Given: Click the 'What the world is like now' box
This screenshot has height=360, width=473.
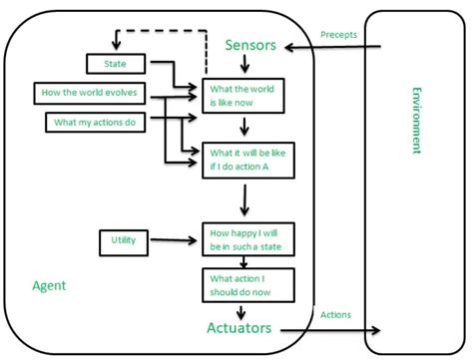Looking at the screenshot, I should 242,95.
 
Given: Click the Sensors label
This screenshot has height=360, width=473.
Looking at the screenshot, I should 250,45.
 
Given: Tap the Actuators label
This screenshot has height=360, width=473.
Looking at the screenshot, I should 241,327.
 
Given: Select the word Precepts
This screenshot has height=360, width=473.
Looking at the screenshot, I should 338,35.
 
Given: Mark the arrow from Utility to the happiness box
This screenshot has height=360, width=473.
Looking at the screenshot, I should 175,240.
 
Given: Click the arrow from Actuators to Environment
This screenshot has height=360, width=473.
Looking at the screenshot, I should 329,328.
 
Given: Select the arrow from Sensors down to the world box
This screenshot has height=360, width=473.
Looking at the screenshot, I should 243,68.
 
